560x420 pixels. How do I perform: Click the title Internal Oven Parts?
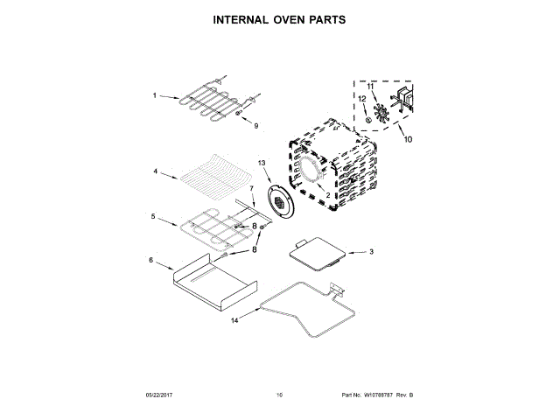(280, 19)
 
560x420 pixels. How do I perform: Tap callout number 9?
(256, 126)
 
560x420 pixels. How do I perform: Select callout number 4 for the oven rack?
(155, 172)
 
